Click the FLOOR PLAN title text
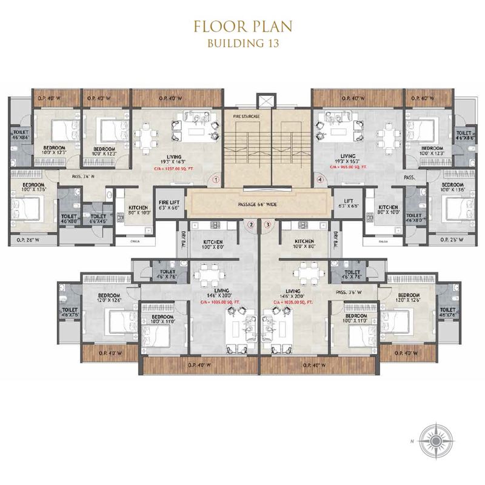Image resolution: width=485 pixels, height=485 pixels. click(242, 27)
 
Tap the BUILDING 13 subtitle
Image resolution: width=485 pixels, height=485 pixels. click(242, 43)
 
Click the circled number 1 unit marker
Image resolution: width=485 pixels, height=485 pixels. click(215, 179)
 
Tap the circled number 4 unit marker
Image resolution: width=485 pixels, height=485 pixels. click(319, 179)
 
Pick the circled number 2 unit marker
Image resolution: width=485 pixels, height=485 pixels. click(251, 225)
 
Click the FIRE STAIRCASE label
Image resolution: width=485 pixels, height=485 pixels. click(246, 114)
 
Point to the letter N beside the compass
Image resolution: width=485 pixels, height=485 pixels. click(413, 439)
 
